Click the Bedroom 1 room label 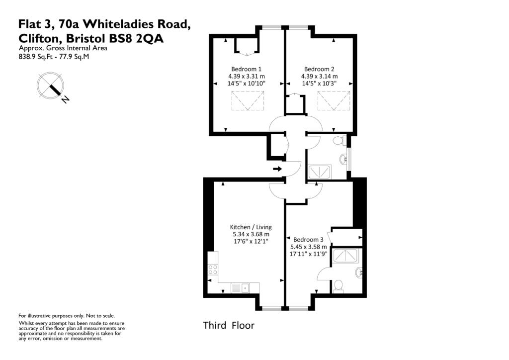[247, 69]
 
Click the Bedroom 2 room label [319, 69]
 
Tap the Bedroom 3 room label [309, 239]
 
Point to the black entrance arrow [277, 169]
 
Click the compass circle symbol [50, 85]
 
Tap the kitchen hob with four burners [212, 270]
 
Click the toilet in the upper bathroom [339, 141]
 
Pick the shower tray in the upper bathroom [321, 173]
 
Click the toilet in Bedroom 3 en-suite [338, 285]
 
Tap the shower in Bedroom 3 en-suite [346, 256]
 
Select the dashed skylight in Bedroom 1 [247, 102]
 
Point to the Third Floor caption [229, 326]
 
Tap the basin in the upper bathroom [343, 159]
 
